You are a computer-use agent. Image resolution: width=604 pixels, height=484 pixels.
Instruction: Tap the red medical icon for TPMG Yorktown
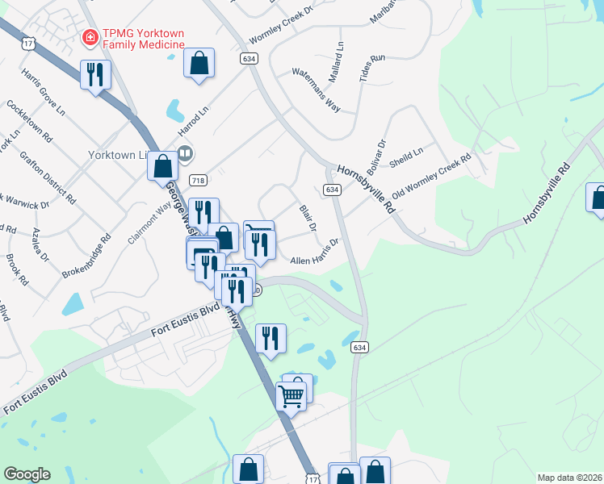pos(90,37)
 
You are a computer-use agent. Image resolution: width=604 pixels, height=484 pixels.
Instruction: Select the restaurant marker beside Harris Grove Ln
pos(95,75)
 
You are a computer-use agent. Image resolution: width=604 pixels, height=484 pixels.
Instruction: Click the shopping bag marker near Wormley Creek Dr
pos(199,63)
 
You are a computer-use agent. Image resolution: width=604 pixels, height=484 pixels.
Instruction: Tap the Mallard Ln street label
pos(340,58)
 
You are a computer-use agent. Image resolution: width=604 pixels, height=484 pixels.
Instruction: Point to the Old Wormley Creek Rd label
pos(431,180)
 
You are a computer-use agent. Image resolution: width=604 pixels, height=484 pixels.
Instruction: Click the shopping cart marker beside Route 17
pos(291,394)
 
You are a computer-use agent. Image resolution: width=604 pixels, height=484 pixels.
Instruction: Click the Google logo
pos(27,474)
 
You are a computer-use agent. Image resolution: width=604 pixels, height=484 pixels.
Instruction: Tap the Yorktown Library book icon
pos(185,152)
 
